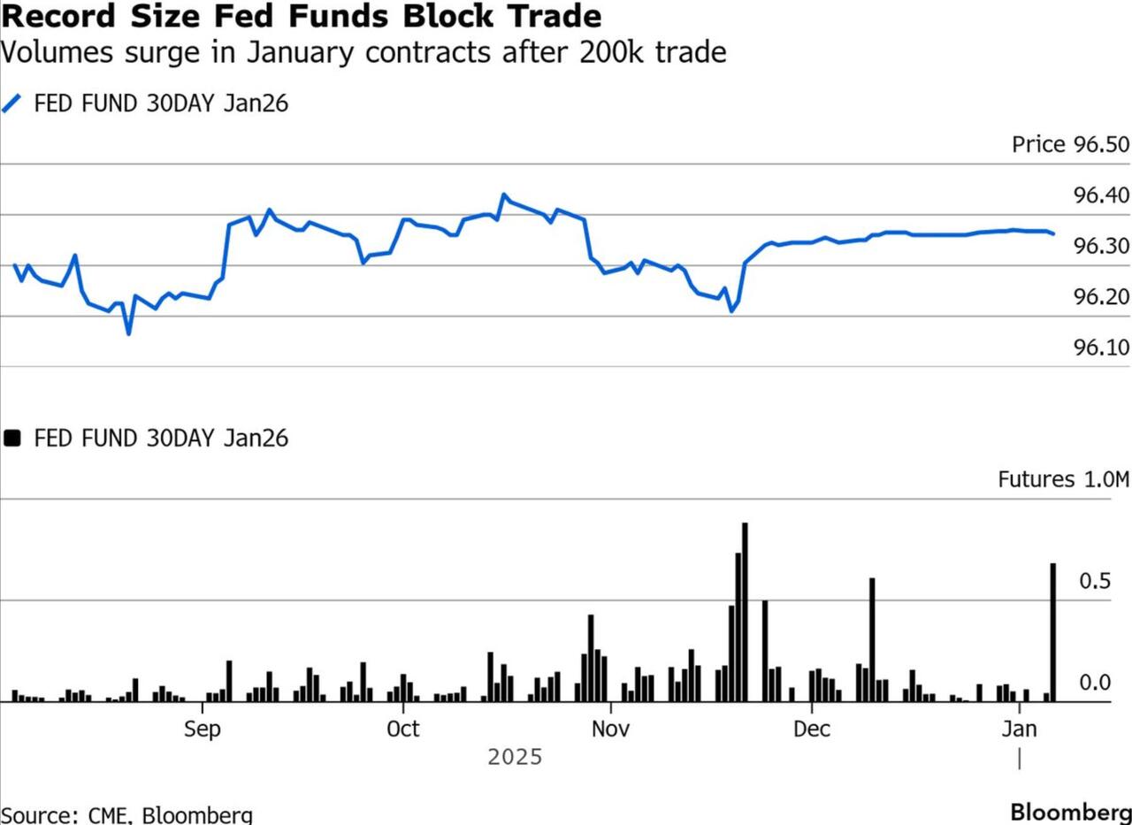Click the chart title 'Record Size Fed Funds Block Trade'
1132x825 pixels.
point(301,16)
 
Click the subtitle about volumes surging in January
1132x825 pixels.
point(363,52)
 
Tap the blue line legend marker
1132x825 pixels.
point(11,103)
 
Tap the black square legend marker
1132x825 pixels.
point(11,438)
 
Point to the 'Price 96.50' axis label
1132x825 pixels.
point(1070,144)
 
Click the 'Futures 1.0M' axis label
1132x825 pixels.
point(1064,480)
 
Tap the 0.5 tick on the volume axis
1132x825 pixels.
point(1094,581)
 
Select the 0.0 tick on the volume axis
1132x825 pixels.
point(1094,683)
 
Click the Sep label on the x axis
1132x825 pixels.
point(203,730)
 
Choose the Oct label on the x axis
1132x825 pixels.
point(403,730)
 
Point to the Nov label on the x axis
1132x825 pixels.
point(610,730)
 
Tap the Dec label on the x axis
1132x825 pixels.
point(812,730)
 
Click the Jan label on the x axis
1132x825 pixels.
point(1020,730)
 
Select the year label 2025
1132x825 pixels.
point(515,758)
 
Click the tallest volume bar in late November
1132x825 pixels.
point(745,612)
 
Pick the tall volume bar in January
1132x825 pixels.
point(1053,632)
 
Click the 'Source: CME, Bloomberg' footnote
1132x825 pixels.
point(126,814)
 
